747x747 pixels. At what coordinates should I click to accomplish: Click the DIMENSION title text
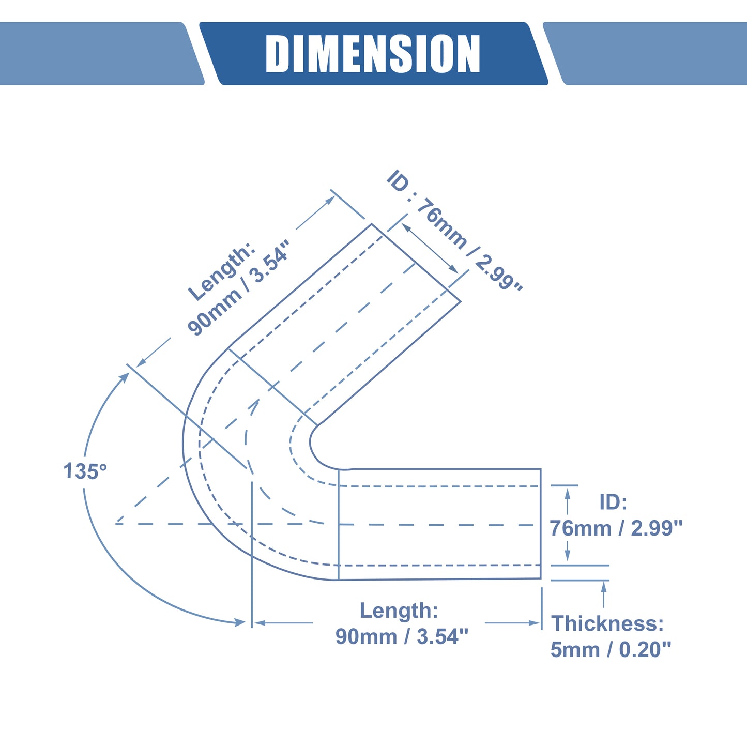click(x=373, y=53)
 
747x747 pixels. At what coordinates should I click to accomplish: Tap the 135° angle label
click(x=85, y=471)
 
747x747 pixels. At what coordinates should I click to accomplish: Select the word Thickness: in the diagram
click(x=607, y=623)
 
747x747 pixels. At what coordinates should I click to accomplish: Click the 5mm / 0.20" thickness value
click(x=611, y=649)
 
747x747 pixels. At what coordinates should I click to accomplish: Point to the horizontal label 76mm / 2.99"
click(x=616, y=528)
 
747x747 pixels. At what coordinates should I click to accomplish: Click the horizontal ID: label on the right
click(x=613, y=502)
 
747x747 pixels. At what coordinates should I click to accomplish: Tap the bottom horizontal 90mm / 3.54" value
click(x=402, y=636)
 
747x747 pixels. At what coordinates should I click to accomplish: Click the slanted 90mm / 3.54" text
click(x=238, y=287)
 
